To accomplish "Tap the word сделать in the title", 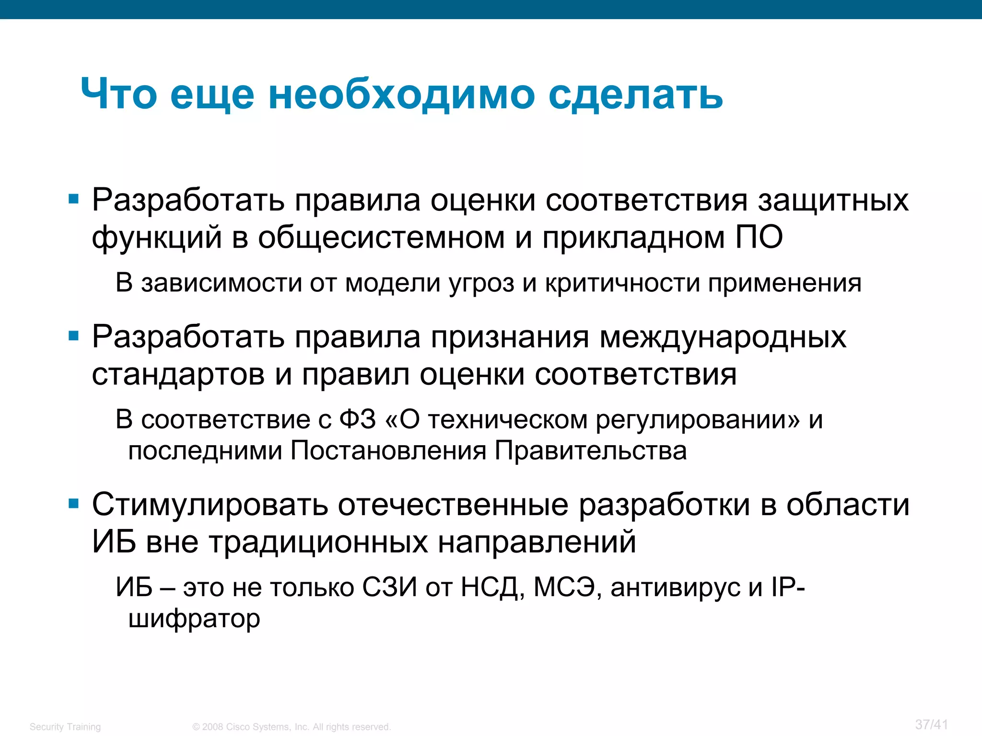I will pos(635,94).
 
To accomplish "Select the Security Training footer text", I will pos(65,727).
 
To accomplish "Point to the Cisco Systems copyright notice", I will pos(292,727).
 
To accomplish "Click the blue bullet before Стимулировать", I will pos(73,504).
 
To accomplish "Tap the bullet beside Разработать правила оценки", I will pos(73,199).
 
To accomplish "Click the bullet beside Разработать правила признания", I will pos(73,336).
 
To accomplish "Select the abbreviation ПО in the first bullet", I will pos(759,237).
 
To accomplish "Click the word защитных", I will pos(833,200).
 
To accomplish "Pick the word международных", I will pos(723,337).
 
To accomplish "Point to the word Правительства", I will pos(590,451).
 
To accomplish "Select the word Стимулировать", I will pos(210,505).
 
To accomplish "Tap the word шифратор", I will pos(194,619).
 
